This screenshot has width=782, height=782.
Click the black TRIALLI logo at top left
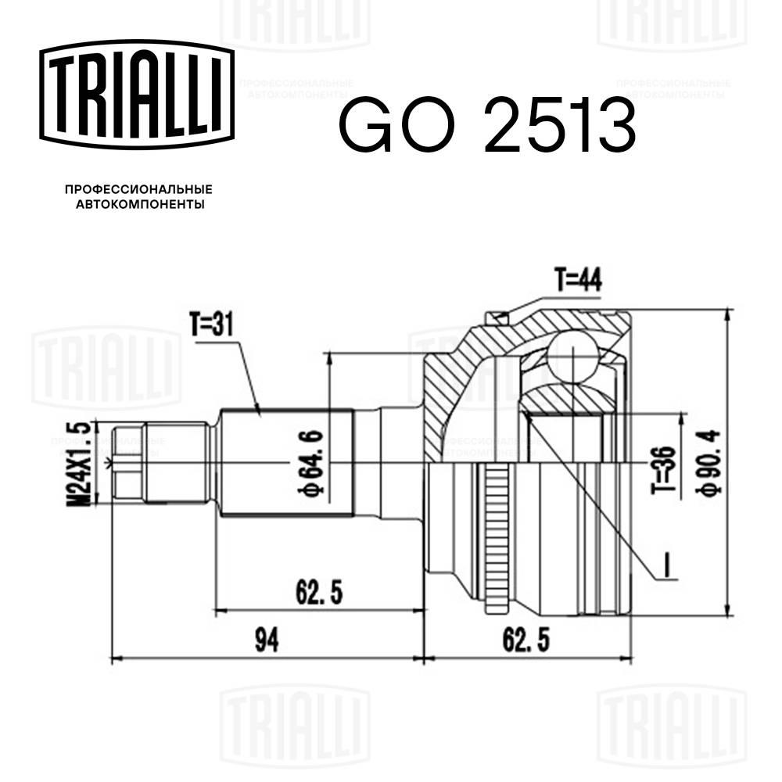tap(138, 95)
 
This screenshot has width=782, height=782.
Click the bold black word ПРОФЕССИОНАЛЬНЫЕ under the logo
tap(138, 190)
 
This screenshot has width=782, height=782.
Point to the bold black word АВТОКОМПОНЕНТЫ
tap(138, 205)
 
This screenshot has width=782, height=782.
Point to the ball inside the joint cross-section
tap(571, 357)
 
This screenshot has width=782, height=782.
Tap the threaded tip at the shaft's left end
tap(129, 464)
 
